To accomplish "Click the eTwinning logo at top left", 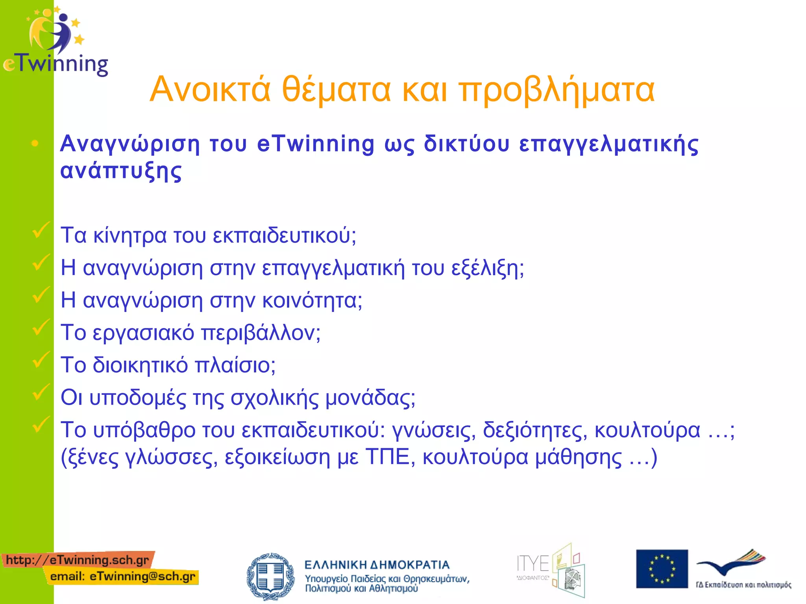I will [55, 41].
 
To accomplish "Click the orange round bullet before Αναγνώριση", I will [35, 144].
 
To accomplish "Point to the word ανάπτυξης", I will [121, 171].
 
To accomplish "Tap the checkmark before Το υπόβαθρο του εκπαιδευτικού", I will [41, 425].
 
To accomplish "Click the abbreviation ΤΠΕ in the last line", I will [388, 457].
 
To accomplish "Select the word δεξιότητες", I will [535, 430].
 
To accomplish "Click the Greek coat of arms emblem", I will [270, 576].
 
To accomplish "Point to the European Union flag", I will [662, 569].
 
